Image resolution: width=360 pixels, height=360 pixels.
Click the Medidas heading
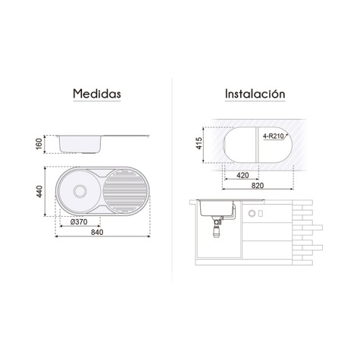pyautogui.click(x=97, y=93)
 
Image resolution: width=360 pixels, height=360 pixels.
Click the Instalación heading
pyautogui.click(x=255, y=94)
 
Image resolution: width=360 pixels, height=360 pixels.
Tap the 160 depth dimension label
pyautogui.click(x=39, y=144)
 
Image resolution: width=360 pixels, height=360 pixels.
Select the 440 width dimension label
pyautogui.click(x=39, y=191)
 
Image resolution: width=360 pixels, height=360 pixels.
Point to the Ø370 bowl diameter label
pyautogui.click(x=79, y=222)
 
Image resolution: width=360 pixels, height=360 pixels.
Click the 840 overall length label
pyautogui.click(x=97, y=232)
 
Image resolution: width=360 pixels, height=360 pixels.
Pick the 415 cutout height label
pyautogui.click(x=199, y=143)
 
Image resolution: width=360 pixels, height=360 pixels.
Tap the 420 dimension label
pyautogui.click(x=243, y=175)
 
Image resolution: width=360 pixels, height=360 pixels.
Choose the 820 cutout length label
pyautogui.click(x=258, y=186)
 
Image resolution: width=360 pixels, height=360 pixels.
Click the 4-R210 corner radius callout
pyautogui.click(x=274, y=136)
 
